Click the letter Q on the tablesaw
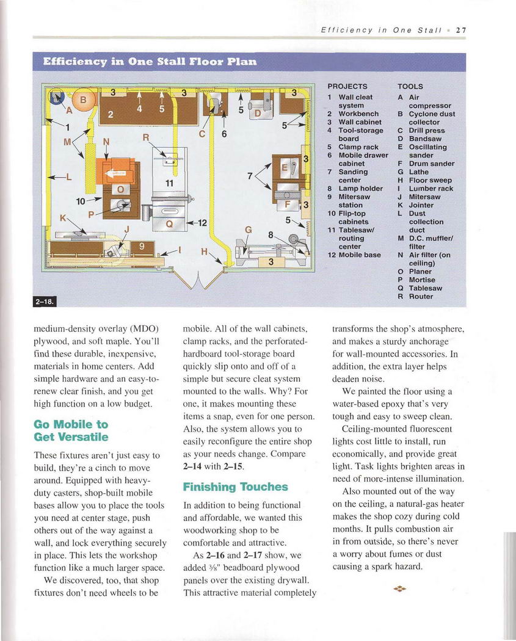pos(170,223)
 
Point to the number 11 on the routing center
pos(170,183)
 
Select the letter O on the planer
pos(120,189)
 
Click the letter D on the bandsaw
pos(258,114)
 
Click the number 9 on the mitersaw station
pos(142,247)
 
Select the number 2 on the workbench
pos(110,114)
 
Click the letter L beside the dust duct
pos(68,177)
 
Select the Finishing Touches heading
pos(235,487)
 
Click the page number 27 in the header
pos(461,30)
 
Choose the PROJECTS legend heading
pos(347,87)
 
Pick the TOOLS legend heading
pos(410,87)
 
